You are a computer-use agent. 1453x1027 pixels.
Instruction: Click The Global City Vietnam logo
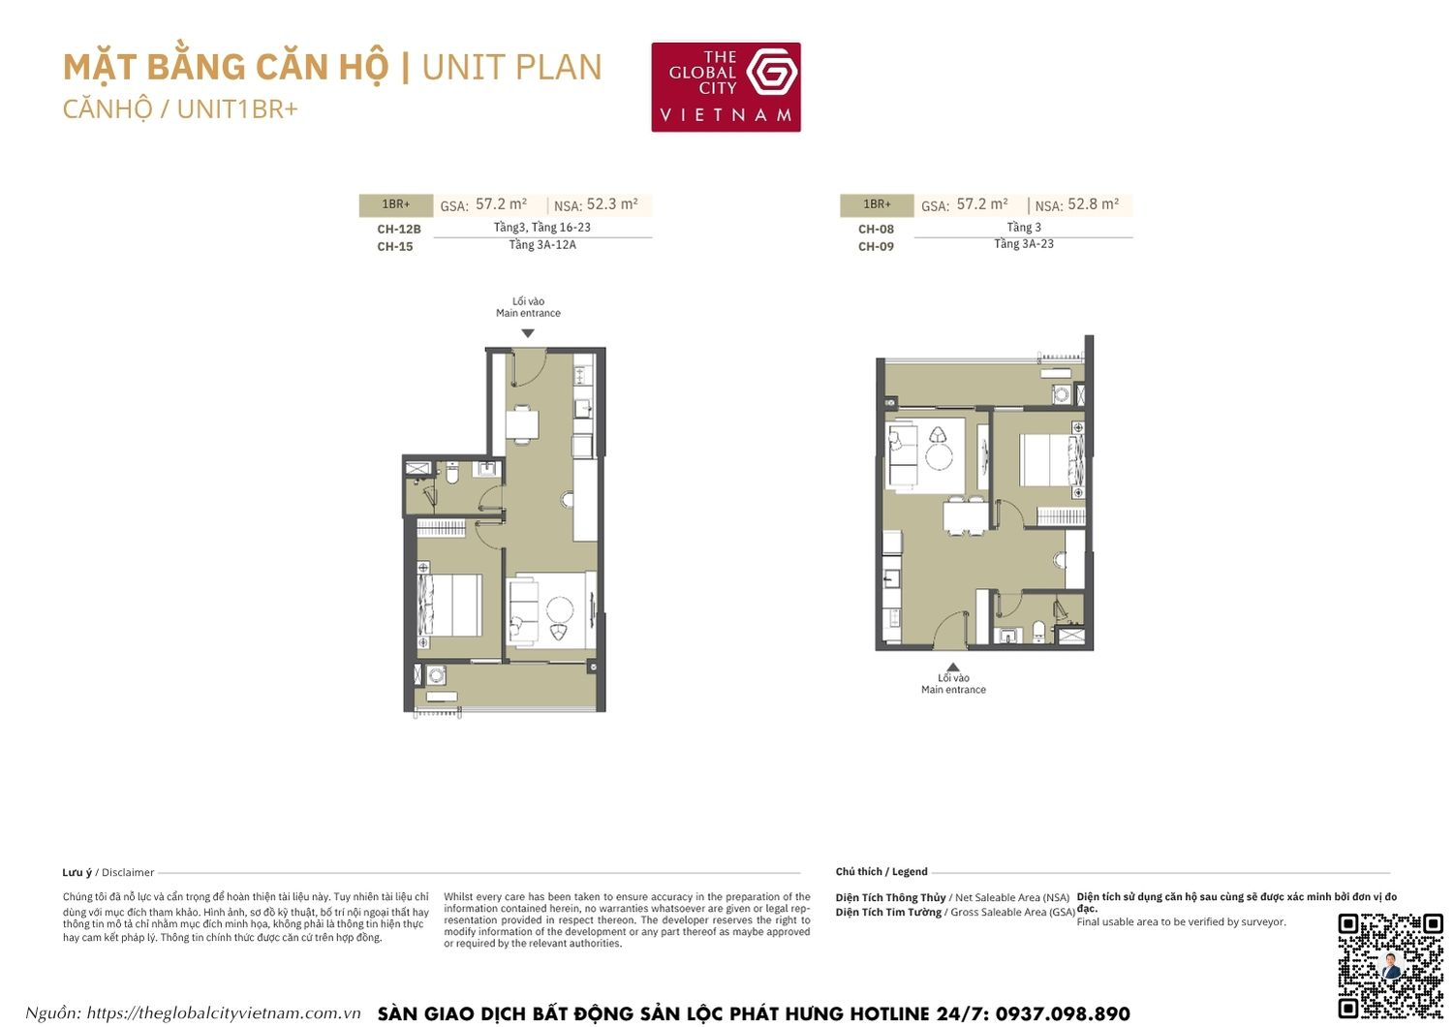coord(726,86)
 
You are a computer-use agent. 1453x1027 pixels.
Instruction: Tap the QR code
coord(1390,965)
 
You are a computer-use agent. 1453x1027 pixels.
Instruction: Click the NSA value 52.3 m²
coord(612,204)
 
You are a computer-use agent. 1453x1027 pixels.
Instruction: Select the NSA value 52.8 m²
coord(1093,204)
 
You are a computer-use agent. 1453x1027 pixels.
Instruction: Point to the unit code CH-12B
coord(399,230)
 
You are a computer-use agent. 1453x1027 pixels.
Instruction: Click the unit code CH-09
coord(876,247)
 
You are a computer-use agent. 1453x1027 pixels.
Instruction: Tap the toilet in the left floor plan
coord(451,473)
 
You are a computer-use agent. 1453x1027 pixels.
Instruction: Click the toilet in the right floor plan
coord(1038,632)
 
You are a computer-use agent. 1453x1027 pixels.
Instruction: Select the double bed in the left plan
coord(449,605)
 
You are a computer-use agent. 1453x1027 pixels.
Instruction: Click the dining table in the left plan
coord(522,423)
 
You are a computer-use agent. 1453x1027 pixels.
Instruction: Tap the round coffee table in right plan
coord(939,455)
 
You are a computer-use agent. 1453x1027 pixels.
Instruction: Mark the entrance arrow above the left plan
coord(528,333)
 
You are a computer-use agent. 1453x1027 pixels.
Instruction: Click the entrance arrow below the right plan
coord(953,667)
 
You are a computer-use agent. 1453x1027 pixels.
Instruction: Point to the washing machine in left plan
coord(437,675)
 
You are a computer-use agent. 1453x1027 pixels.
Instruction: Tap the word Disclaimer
coord(128,873)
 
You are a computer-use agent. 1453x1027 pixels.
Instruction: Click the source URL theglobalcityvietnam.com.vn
coord(223,1013)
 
